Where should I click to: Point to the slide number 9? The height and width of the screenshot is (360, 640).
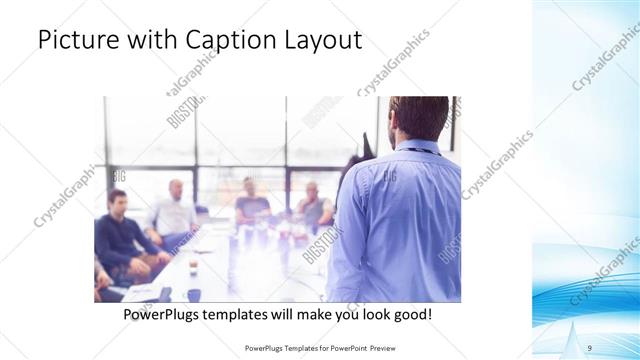click(x=590, y=347)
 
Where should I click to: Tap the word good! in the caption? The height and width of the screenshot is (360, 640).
click(x=411, y=314)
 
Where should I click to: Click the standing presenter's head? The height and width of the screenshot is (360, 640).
click(x=417, y=118)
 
